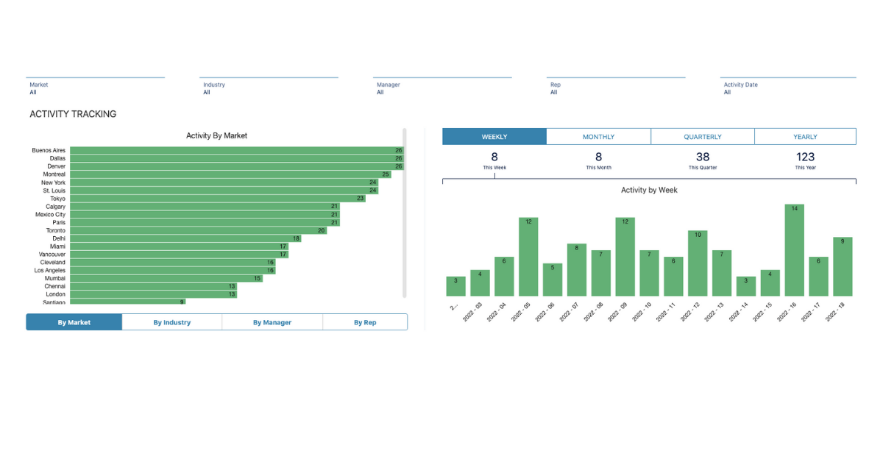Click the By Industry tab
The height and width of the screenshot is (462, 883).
pyautogui.click(x=171, y=322)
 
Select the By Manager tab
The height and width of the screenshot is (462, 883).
pyautogui.click(x=272, y=322)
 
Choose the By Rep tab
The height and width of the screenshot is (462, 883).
pyautogui.click(x=365, y=322)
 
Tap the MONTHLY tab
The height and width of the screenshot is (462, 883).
pyautogui.click(x=598, y=137)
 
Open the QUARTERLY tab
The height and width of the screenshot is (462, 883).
pyautogui.click(x=703, y=137)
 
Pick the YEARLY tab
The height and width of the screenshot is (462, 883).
pyautogui.click(x=805, y=137)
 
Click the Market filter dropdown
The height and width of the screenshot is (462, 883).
pyautogui.click(x=95, y=88)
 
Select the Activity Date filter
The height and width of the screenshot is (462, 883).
pyautogui.click(x=788, y=88)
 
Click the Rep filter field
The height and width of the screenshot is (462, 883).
pyautogui.click(x=615, y=88)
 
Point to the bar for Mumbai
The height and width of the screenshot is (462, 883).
pyautogui.click(x=166, y=278)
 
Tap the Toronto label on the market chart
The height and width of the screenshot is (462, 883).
pyautogui.click(x=56, y=230)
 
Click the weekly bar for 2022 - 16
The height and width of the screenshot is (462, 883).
pyautogui.click(x=794, y=250)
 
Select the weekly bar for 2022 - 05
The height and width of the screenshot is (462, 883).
pyautogui.click(x=528, y=257)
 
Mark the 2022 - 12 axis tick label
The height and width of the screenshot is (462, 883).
pyautogui.click(x=690, y=313)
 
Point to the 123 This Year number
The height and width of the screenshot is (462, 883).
pyautogui.click(x=805, y=157)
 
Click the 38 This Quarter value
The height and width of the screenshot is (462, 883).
pyautogui.click(x=703, y=157)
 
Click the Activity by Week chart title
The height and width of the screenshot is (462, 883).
pyautogui.click(x=649, y=190)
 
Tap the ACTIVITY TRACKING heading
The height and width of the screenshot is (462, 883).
pyautogui.click(x=73, y=114)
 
